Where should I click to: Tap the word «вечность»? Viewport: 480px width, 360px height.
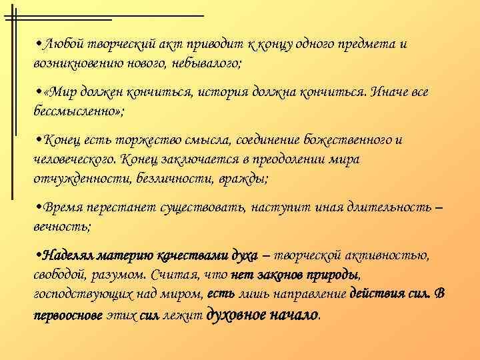(x=61, y=226)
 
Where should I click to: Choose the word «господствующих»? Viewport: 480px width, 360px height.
(x=82, y=294)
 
